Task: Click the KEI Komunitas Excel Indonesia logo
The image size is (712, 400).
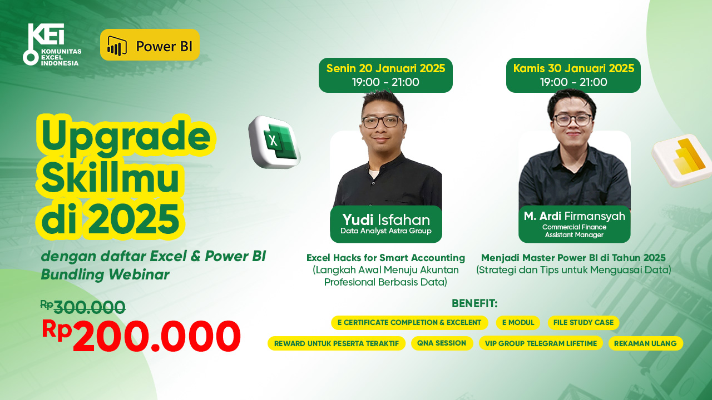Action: (52, 44)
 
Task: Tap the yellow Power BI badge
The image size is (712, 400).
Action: (150, 45)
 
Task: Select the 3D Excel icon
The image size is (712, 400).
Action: (274, 142)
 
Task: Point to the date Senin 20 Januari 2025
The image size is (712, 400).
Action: (385, 68)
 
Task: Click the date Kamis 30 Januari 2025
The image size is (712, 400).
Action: (573, 68)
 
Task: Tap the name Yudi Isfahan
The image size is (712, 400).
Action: (386, 219)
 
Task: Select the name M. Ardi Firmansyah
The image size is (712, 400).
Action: (575, 216)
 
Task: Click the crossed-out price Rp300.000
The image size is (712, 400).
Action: (83, 307)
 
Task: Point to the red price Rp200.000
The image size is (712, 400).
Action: (141, 336)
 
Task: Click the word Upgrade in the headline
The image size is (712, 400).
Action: (126, 137)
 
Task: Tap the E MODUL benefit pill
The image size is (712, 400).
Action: (518, 323)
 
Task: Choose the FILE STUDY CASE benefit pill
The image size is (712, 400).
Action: (584, 323)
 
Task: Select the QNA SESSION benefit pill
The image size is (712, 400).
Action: (442, 343)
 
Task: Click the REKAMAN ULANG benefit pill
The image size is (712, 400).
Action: (645, 343)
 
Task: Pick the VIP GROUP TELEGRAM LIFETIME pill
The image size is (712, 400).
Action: (541, 343)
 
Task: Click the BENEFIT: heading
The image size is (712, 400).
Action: (474, 303)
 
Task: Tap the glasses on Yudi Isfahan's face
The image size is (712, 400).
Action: (383, 122)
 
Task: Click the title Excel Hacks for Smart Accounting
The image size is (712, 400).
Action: (385, 258)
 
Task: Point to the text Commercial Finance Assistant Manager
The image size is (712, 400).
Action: (575, 231)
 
